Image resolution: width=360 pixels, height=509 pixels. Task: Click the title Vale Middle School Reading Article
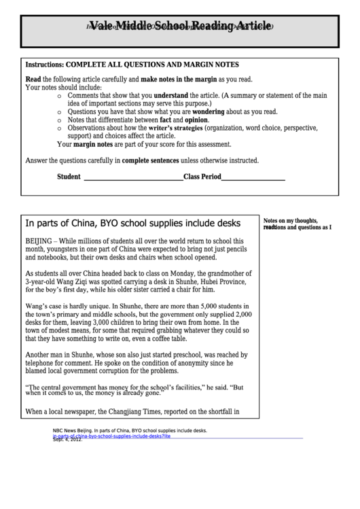tap(180, 27)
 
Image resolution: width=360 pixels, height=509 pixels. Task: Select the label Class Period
tap(202, 177)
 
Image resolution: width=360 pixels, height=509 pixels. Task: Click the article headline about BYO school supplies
tap(132, 223)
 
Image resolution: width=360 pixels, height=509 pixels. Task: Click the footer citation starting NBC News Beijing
tap(129, 431)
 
